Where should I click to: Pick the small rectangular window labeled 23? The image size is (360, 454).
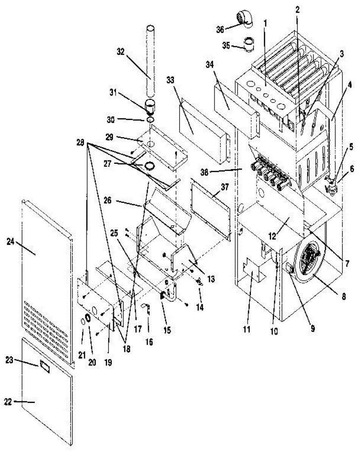pos(45,366)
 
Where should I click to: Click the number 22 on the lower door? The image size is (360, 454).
pos(8,402)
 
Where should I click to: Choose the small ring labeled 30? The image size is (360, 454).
pos(150,120)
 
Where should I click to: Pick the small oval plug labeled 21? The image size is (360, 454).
pos(82,322)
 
